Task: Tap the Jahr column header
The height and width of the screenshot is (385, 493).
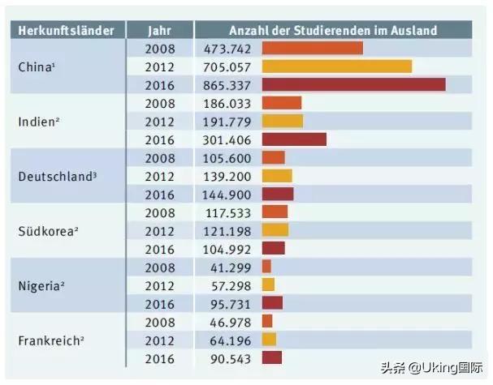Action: (x=160, y=31)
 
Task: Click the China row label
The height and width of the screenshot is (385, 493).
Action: (x=37, y=66)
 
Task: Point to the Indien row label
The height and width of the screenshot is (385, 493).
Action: (x=37, y=121)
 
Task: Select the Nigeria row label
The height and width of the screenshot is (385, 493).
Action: (x=43, y=284)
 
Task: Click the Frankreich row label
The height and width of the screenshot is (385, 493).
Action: (x=50, y=340)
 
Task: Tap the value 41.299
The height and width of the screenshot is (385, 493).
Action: (x=227, y=267)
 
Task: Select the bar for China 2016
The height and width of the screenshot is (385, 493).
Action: (x=353, y=84)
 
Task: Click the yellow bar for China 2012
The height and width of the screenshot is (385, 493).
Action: (x=336, y=66)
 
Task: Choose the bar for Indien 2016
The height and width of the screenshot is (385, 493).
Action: (x=294, y=139)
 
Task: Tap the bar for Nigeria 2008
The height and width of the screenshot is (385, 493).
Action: (x=266, y=267)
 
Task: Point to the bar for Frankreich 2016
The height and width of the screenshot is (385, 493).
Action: (x=271, y=357)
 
